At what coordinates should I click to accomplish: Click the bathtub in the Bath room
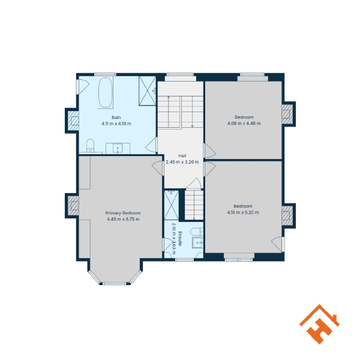(x=106, y=92)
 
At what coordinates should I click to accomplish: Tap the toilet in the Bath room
(x=90, y=145)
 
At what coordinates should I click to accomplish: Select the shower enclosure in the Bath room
(x=148, y=91)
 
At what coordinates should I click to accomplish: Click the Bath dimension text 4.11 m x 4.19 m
(x=116, y=124)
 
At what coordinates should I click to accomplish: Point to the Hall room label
(x=182, y=155)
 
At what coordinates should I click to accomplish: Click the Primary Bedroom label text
(x=123, y=213)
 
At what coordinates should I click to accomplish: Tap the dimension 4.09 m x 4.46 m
(x=244, y=124)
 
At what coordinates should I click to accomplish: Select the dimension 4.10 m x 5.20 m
(x=243, y=212)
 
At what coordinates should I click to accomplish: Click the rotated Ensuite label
(x=181, y=239)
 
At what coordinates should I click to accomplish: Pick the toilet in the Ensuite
(x=197, y=232)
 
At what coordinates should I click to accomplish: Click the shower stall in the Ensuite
(x=172, y=205)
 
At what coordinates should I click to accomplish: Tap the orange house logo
(x=319, y=324)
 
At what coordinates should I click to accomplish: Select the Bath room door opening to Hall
(x=152, y=145)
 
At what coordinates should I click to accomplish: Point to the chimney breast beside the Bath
(x=73, y=121)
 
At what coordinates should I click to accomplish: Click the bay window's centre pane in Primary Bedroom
(x=115, y=284)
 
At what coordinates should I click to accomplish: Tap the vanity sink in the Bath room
(x=118, y=149)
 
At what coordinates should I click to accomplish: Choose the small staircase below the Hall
(x=194, y=205)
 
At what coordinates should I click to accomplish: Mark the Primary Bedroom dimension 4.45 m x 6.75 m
(x=123, y=219)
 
